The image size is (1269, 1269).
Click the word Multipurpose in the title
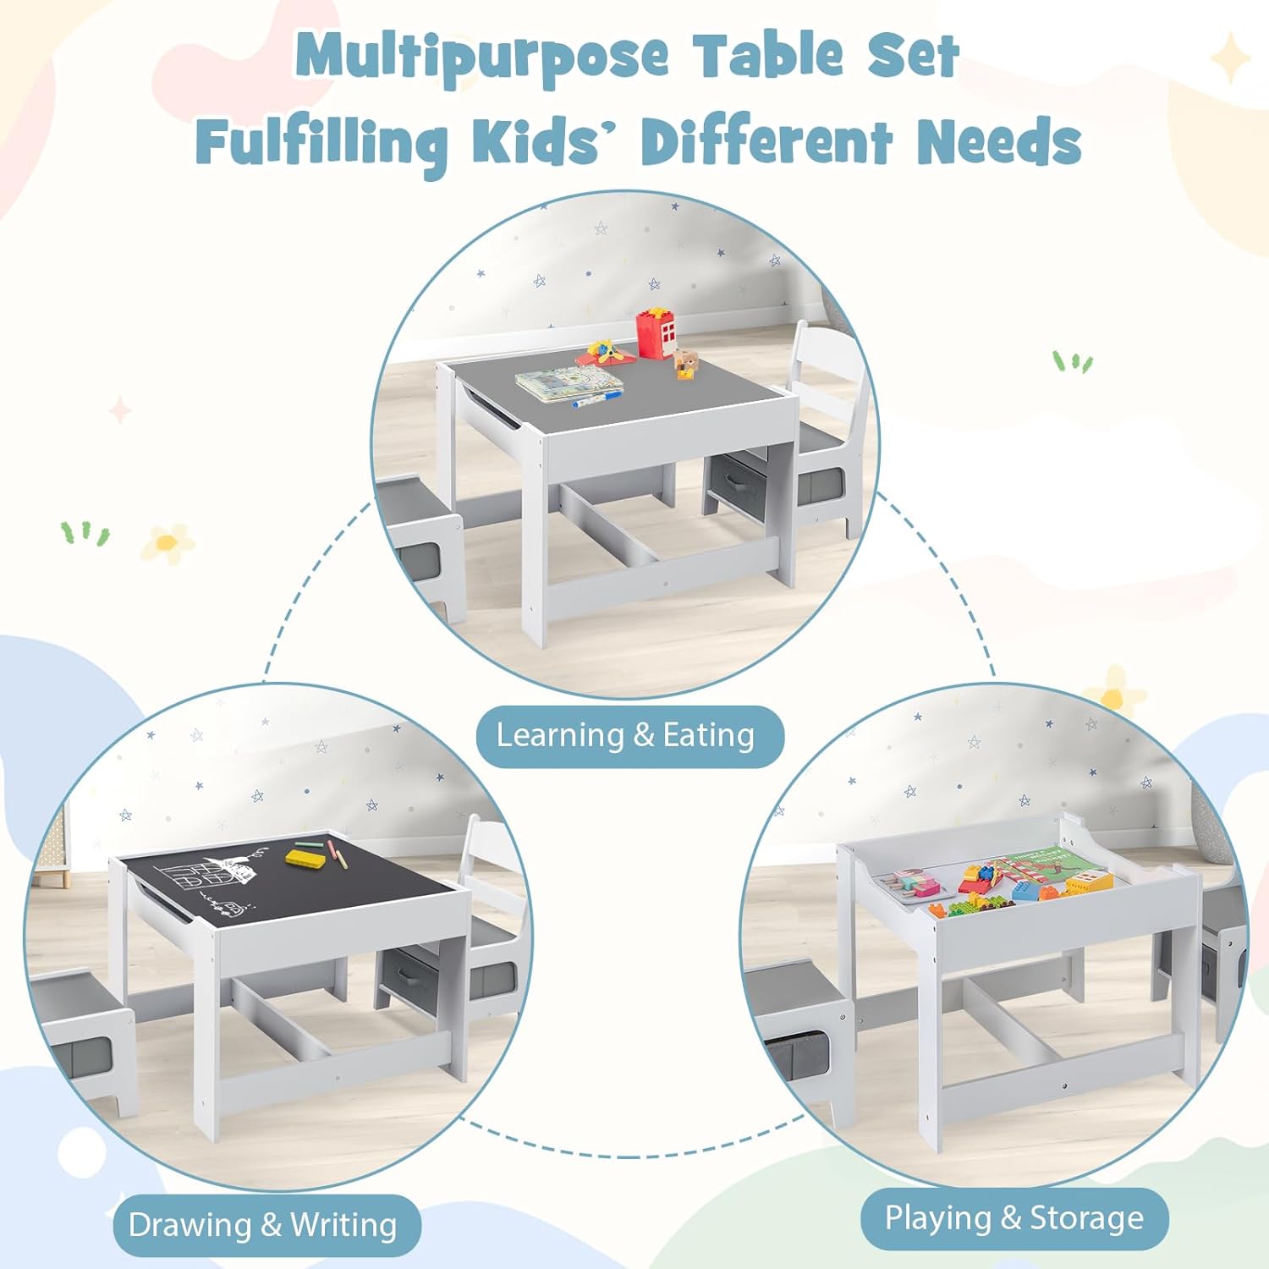pyautogui.click(x=482, y=57)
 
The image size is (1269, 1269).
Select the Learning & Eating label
pyautogui.click(x=626, y=735)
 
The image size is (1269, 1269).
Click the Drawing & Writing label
pyautogui.click(x=263, y=1224)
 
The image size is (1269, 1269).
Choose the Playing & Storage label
pyautogui.click(x=1014, y=1218)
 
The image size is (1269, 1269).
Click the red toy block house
pyautogui.click(x=656, y=334)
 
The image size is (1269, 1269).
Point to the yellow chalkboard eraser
pyautogui.click(x=305, y=858)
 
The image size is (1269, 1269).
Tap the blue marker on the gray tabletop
pyautogui.click(x=596, y=398)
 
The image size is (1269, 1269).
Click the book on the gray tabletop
pyautogui.click(x=569, y=383)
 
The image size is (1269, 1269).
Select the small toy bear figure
pyautogui.click(x=686, y=364)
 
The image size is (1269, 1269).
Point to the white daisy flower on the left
pyautogui.click(x=167, y=543)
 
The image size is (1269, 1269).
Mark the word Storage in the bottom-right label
pyautogui.click(x=1086, y=1218)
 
